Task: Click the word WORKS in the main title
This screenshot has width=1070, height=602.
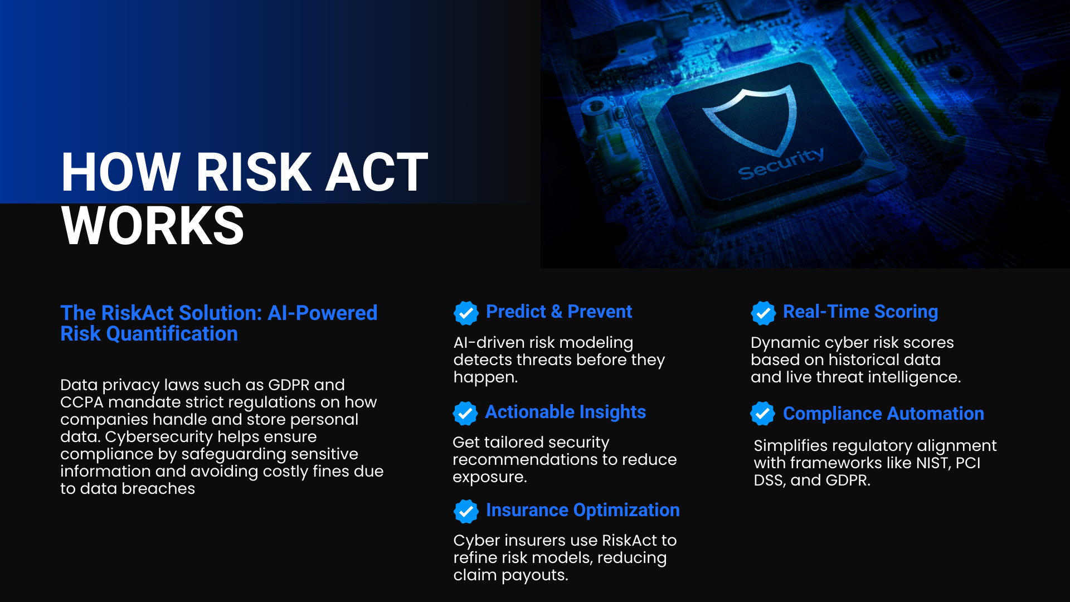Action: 153,226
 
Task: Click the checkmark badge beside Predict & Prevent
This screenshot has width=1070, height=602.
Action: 466,313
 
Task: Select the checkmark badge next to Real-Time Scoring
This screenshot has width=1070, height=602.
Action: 763,313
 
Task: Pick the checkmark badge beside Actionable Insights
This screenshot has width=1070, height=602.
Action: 465,413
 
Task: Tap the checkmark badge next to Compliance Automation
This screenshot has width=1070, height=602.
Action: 762,413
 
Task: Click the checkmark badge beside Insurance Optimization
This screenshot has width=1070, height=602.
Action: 466,511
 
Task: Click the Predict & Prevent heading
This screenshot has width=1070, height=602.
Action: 559,312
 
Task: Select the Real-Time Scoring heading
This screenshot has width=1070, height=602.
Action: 860,312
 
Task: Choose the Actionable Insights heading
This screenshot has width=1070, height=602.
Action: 566,412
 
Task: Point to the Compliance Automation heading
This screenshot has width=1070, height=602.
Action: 883,414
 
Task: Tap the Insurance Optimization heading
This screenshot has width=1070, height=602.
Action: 583,510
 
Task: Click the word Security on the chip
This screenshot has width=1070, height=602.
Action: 781,164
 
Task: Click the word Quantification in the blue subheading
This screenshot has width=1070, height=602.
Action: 172,334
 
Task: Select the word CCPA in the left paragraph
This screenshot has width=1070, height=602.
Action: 82,402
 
